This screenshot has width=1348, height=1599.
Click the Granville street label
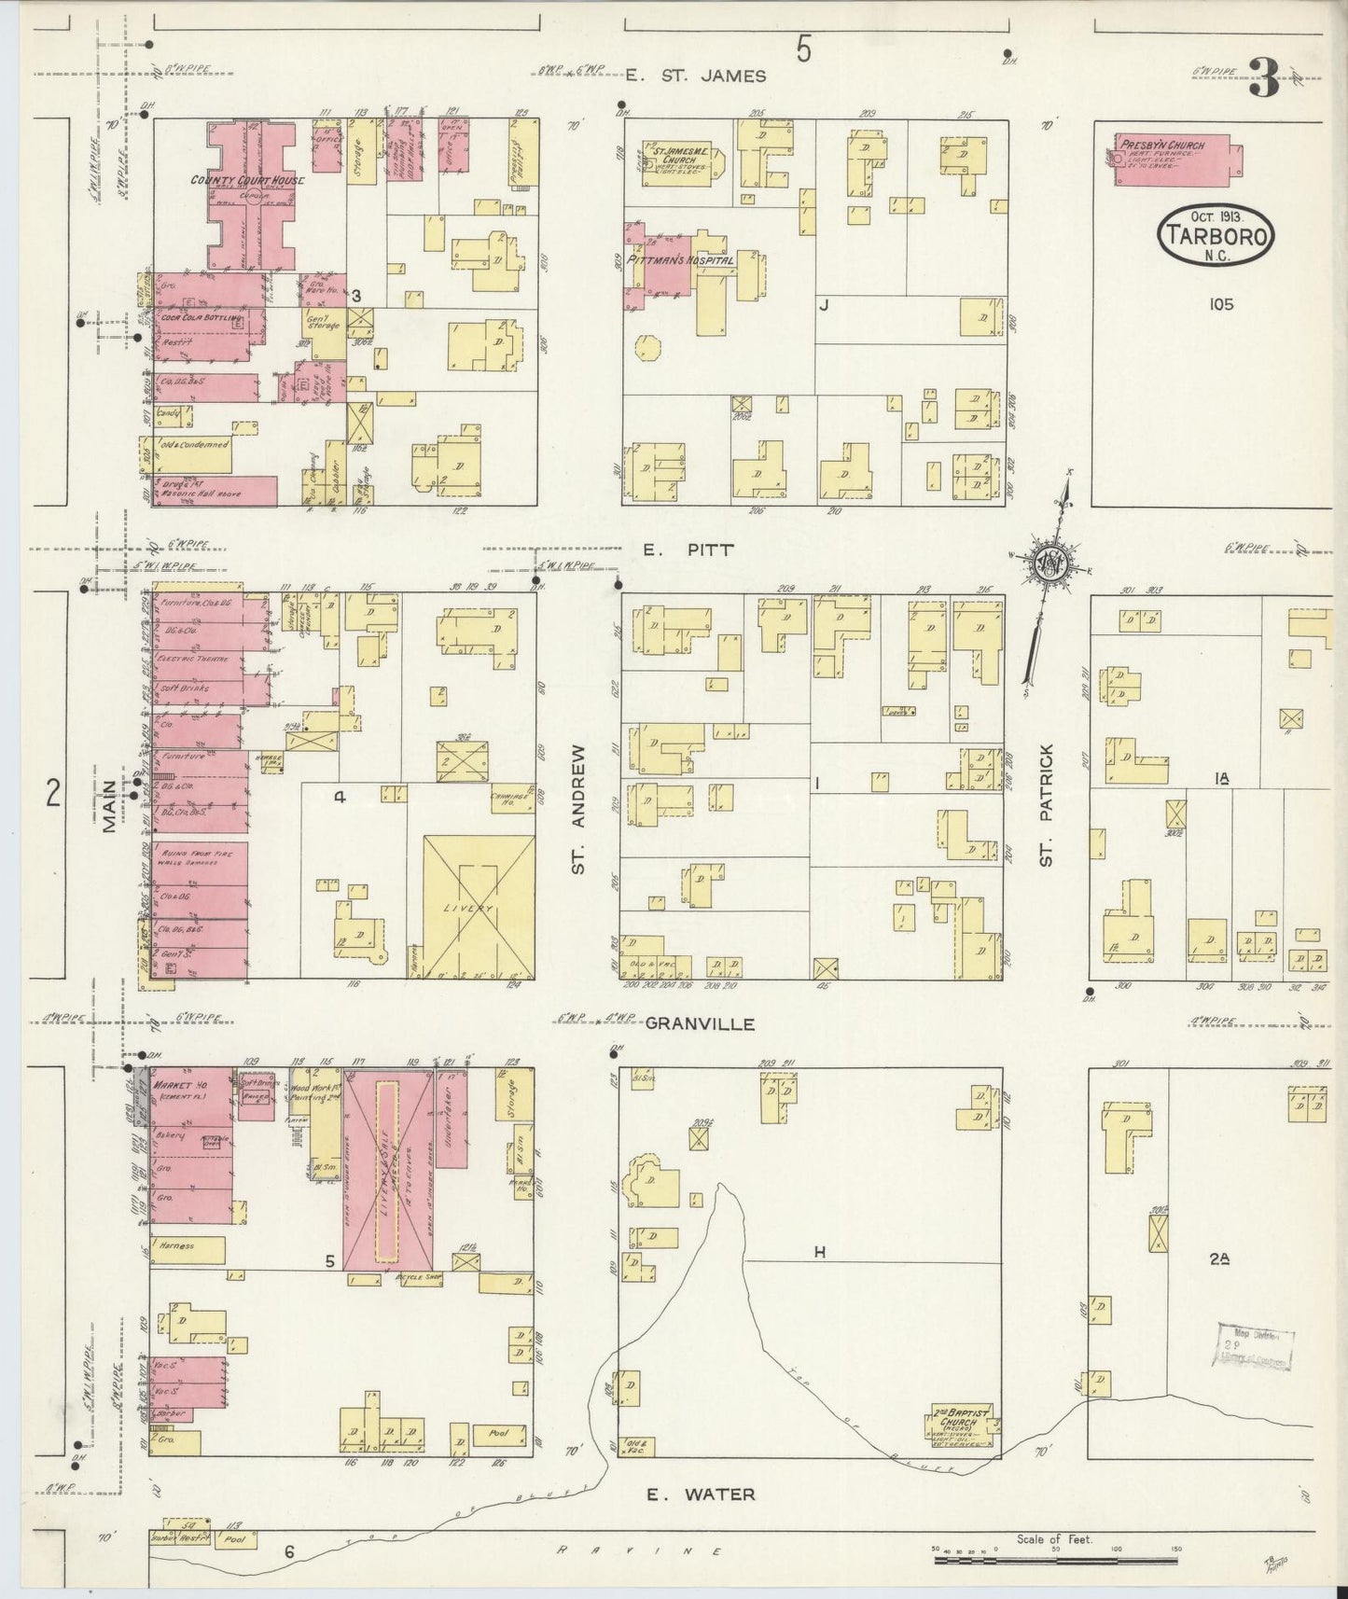(x=700, y=1023)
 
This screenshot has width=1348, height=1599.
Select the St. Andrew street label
(x=579, y=808)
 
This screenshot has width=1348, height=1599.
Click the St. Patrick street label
(x=1047, y=804)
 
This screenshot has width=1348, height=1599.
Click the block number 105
(x=1218, y=304)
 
